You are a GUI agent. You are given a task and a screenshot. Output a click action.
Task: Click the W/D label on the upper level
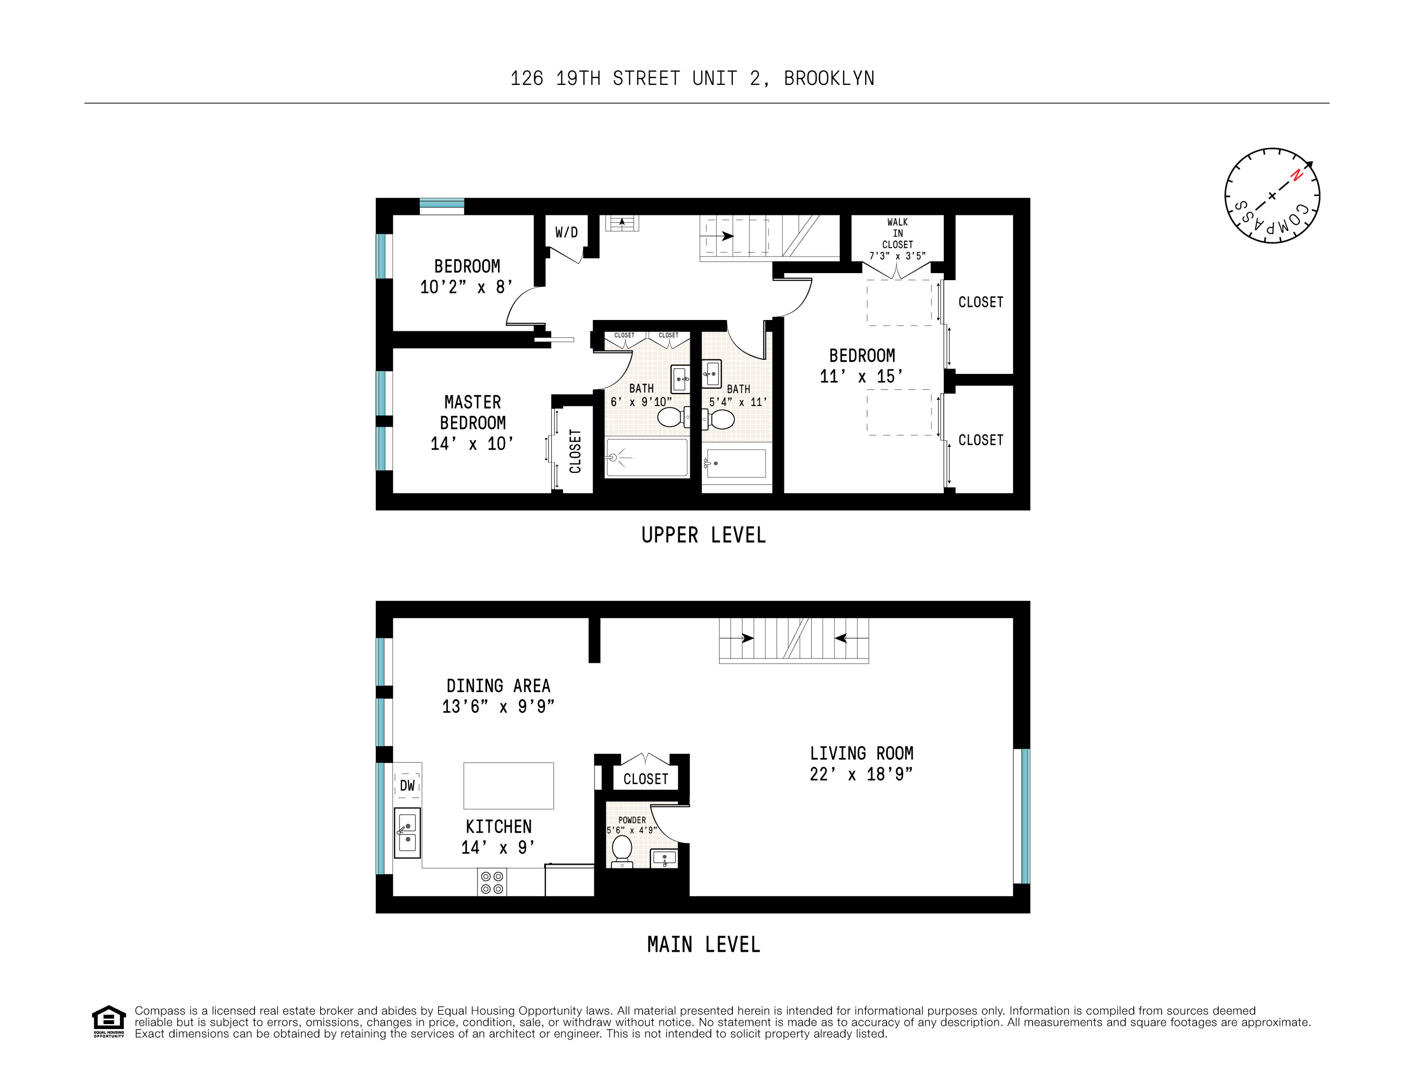click(x=566, y=232)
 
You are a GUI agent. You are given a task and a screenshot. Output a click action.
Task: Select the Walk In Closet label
click(x=897, y=239)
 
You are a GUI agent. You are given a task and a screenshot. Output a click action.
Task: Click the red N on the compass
click(x=1296, y=175)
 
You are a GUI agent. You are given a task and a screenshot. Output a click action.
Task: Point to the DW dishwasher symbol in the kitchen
click(x=407, y=785)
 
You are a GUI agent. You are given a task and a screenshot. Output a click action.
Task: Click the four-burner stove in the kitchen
click(x=492, y=882)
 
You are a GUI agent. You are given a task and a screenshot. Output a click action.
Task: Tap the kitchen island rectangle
click(x=508, y=785)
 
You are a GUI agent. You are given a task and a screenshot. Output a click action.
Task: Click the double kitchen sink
click(x=407, y=832)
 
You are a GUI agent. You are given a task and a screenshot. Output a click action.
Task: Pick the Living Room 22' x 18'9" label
click(x=861, y=763)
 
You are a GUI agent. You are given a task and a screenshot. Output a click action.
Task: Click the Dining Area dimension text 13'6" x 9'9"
click(x=498, y=707)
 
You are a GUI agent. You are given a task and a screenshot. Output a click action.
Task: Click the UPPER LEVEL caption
click(x=703, y=535)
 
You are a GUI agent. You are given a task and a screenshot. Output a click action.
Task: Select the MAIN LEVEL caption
click(x=703, y=945)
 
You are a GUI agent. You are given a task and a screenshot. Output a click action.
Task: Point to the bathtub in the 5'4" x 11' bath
click(x=737, y=463)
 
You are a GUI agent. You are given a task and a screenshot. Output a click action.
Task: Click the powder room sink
click(x=664, y=858)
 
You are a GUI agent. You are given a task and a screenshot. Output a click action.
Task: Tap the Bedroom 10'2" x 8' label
click(x=466, y=276)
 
